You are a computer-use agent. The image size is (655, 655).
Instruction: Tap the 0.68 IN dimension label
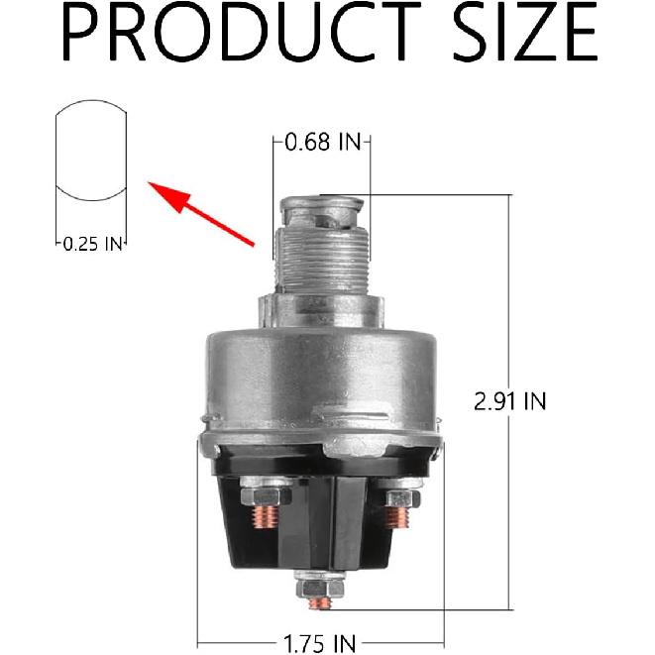(321, 143)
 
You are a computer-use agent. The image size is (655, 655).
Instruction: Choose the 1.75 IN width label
(321, 643)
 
